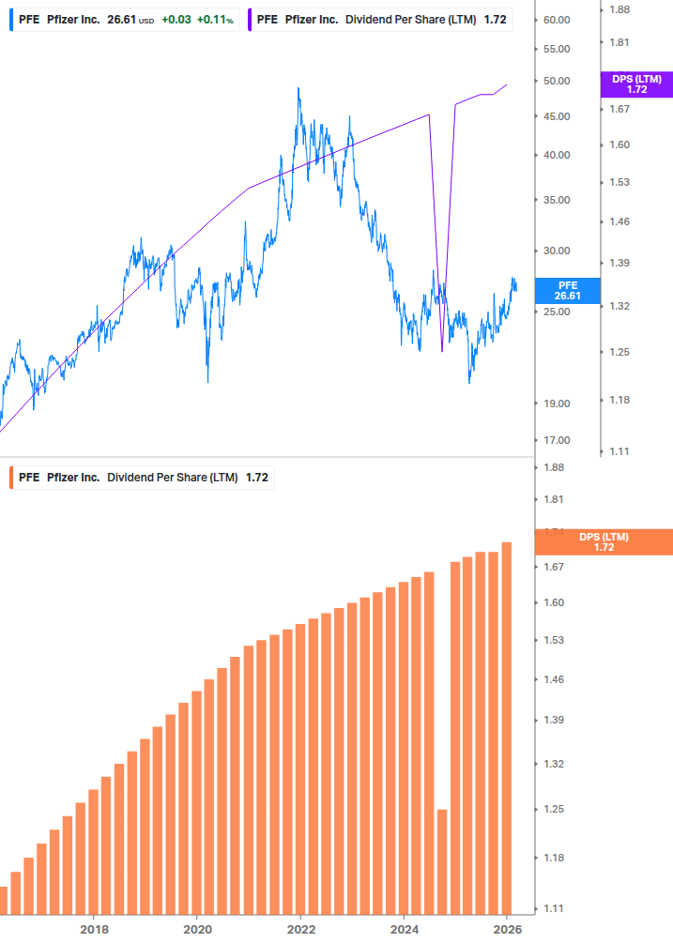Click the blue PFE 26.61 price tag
[568, 290]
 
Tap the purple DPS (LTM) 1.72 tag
[636, 84]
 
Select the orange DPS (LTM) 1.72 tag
[603, 542]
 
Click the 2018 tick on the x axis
[94, 929]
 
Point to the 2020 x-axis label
[197, 929]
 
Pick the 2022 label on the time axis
[300, 929]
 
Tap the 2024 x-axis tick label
[404, 929]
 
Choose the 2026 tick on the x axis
[507, 929]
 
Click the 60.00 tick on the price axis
[558, 20]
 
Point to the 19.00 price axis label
[558, 403]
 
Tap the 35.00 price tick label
[558, 200]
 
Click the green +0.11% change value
[215, 20]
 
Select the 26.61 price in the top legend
[121, 20]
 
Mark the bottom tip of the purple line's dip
[442, 350]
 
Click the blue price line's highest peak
[298, 89]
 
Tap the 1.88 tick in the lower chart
[553, 467]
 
